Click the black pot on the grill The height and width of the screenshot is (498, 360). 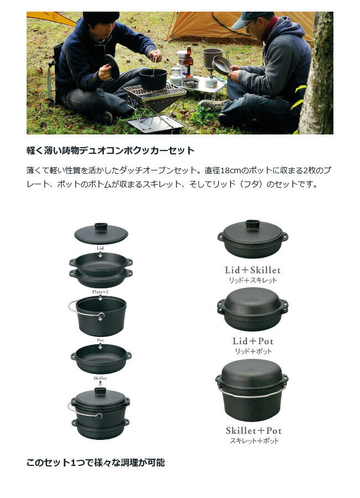[153, 79]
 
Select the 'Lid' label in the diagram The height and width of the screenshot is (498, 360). [100, 248]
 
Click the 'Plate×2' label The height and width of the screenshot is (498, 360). [100, 292]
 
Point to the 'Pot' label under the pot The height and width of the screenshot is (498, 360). [100, 340]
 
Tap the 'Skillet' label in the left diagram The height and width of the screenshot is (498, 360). [100, 378]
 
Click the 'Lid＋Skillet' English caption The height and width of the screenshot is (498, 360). [253, 270]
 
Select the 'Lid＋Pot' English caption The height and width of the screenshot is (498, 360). [253, 341]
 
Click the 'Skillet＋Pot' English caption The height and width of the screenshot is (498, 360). [254, 430]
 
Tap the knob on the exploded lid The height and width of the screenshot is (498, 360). [101, 227]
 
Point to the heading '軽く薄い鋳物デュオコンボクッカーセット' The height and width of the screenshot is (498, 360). [110, 150]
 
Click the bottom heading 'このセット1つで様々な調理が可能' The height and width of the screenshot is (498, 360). [95, 462]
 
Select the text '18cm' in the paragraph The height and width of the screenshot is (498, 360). [231, 170]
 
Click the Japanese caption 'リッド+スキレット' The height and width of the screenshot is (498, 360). [253, 281]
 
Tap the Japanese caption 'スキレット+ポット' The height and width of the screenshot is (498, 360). [254, 441]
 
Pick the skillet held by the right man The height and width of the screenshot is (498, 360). [222, 65]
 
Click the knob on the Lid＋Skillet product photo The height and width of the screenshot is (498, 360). [253, 224]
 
